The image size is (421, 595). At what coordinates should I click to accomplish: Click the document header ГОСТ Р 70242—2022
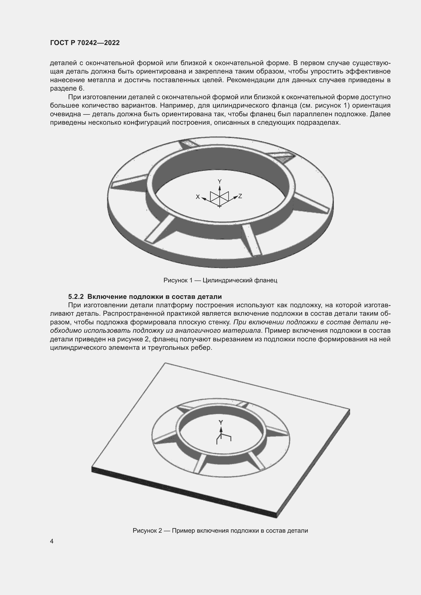tap(85, 43)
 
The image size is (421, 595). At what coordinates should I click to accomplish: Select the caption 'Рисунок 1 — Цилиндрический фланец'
tap(220, 280)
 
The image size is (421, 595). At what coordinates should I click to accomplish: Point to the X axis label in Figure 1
tap(198, 197)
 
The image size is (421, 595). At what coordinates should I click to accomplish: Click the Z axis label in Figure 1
tap(240, 196)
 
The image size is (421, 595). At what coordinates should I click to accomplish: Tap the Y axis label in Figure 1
tap(220, 181)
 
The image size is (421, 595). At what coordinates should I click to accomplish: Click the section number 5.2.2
tap(76, 296)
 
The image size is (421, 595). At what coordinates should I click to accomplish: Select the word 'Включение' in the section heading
tap(107, 296)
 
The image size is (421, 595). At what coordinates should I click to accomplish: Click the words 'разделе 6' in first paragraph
tap(67, 88)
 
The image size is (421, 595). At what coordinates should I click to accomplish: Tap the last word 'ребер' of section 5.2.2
tap(202, 348)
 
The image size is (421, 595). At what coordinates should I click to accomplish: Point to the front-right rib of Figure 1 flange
tap(251, 240)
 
